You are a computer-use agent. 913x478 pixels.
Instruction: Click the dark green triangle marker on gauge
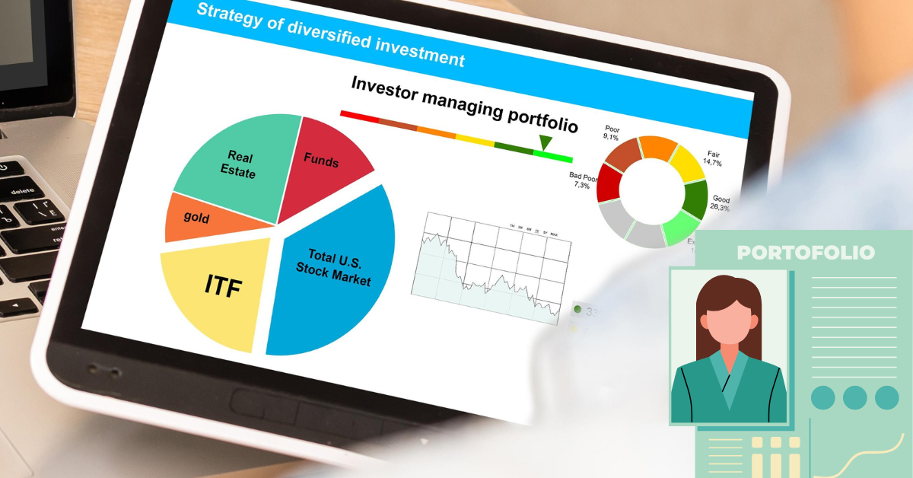545,142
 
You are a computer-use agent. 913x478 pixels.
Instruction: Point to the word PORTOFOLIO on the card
806,253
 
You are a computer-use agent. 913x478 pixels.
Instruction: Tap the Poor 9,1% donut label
612,133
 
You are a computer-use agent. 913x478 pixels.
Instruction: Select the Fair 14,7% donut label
712,158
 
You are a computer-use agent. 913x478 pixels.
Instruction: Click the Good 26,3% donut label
721,203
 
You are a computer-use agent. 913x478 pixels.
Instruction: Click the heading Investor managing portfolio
464,104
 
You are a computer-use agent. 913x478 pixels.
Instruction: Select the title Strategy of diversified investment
330,34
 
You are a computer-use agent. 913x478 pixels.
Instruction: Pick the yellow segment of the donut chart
686,161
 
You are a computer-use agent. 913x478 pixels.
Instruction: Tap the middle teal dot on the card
854,397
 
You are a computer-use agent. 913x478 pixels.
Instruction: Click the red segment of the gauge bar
359,116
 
